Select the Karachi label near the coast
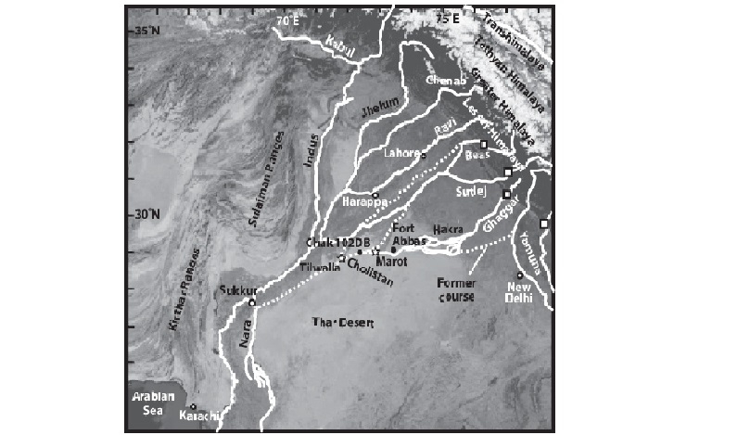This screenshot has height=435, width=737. pos(201,416)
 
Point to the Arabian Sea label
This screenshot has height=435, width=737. pos(155,401)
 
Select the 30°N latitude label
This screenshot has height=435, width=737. pos(141,214)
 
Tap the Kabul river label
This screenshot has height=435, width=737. pos(341,43)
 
